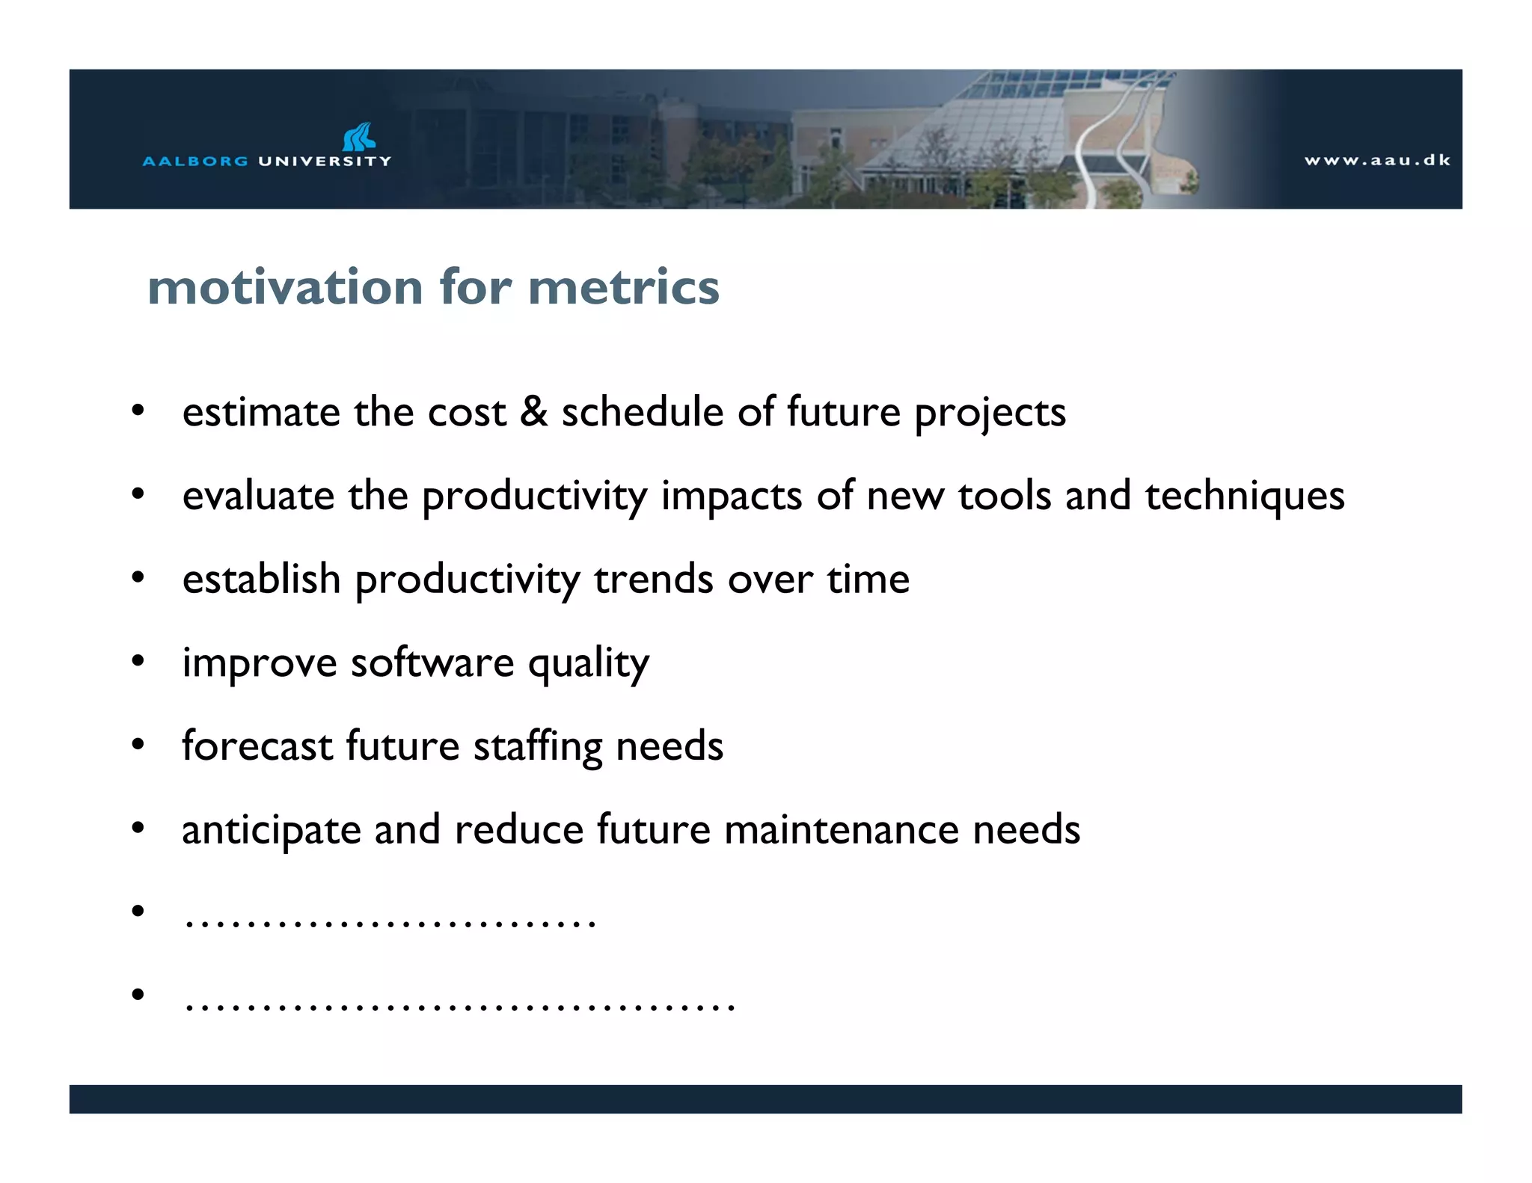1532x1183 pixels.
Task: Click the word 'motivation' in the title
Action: (286, 287)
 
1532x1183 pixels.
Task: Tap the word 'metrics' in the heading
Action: (623, 287)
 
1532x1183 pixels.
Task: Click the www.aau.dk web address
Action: (1377, 160)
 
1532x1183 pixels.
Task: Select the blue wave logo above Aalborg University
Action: (358, 138)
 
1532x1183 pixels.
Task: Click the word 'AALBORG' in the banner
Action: (195, 161)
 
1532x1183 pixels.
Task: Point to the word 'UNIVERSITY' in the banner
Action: (325, 161)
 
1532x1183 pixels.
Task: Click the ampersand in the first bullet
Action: (533, 412)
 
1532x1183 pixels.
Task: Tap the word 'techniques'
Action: (1244, 496)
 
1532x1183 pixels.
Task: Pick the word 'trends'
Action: (654, 580)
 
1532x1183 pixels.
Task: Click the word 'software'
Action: (432, 663)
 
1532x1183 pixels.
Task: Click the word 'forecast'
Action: (257, 746)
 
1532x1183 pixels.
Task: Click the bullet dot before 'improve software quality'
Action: (138, 662)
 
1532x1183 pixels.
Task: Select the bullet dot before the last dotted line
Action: (138, 995)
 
